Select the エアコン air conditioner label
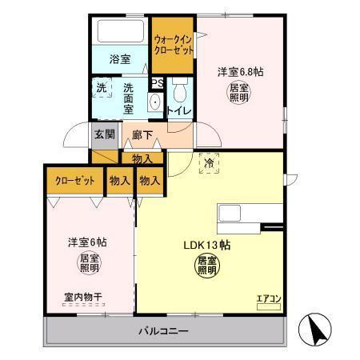click(269, 299)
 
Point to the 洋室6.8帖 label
click(241, 71)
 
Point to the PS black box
click(158, 82)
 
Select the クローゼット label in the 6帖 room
click(75, 181)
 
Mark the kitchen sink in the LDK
click(232, 214)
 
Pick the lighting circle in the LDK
click(208, 266)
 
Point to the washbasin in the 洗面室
click(154, 102)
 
